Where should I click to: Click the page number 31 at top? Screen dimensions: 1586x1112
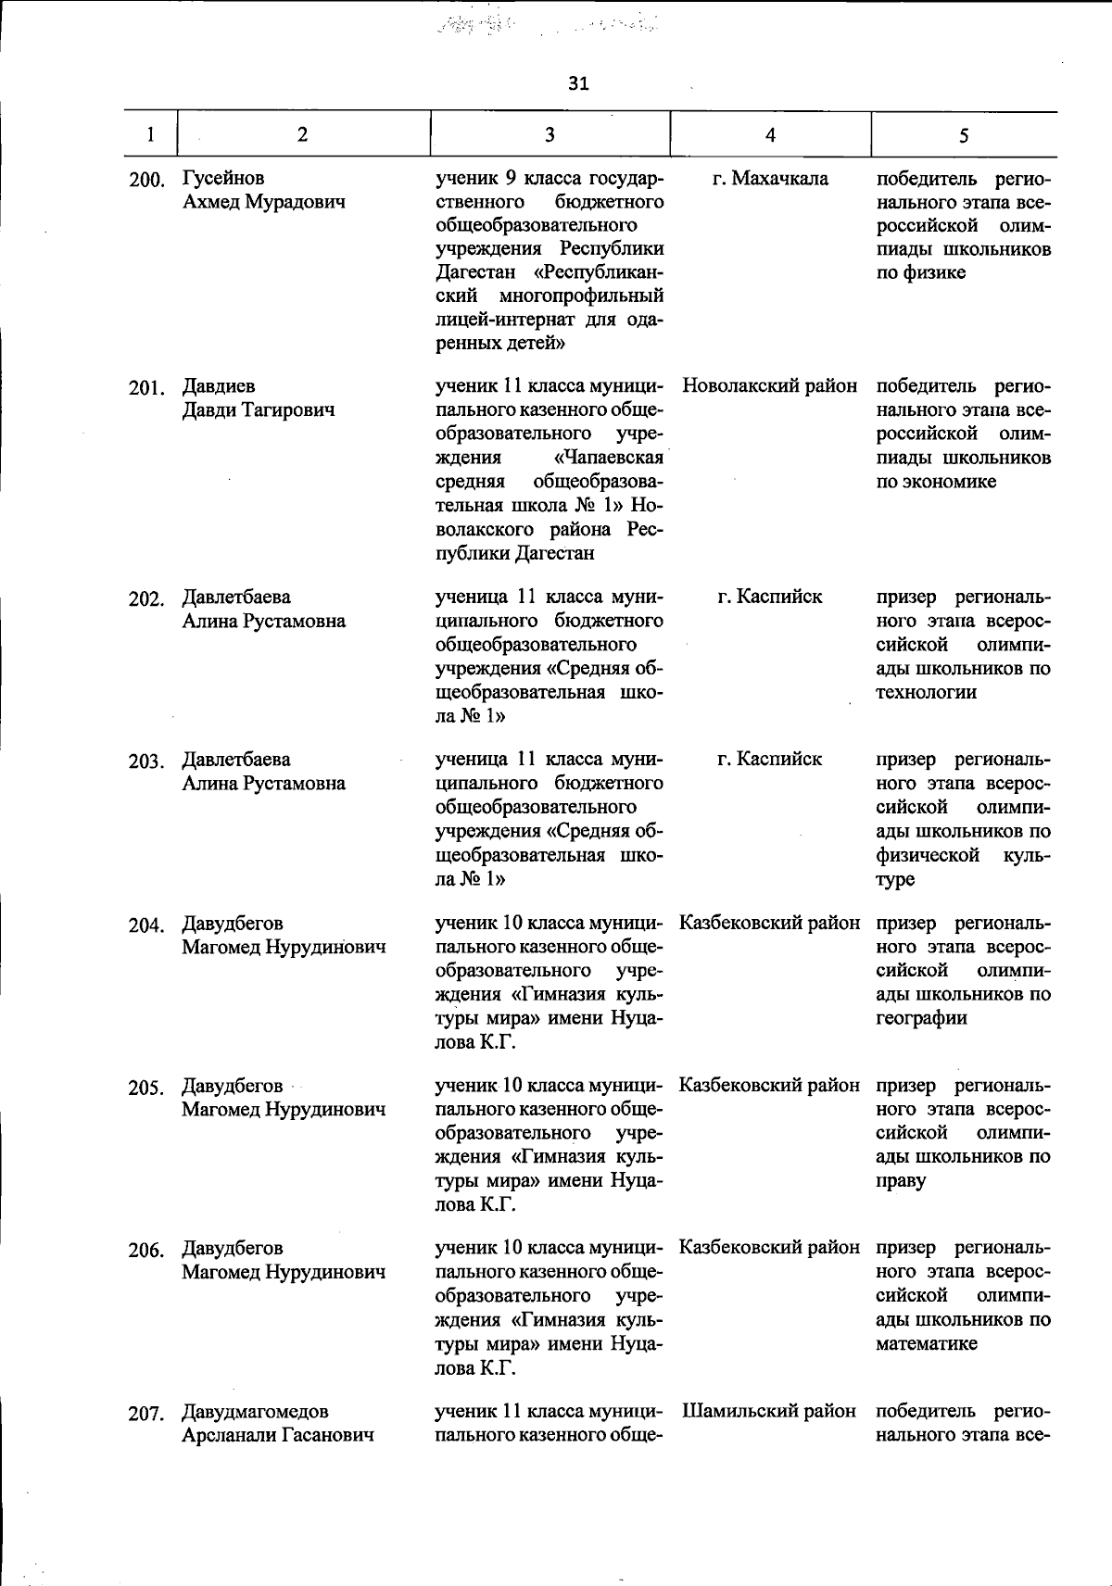(x=578, y=84)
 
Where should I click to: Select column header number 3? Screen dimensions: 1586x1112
(x=550, y=134)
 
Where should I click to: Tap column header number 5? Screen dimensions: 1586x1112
(x=964, y=135)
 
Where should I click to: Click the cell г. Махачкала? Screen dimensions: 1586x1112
(x=770, y=178)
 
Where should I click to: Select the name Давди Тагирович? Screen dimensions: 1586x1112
(x=258, y=410)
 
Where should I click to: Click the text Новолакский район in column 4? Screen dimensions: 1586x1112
(x=769, y=386)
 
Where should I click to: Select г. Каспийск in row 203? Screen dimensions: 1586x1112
(x=769, y=759)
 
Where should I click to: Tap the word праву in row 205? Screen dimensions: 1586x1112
(x=900, y=1181)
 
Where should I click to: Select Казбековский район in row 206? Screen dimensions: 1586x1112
(x=769, y=1248)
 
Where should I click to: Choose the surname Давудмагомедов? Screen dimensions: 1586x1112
(x=255, y=1412)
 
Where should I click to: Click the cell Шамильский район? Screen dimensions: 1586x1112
(x=769, y=1411)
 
